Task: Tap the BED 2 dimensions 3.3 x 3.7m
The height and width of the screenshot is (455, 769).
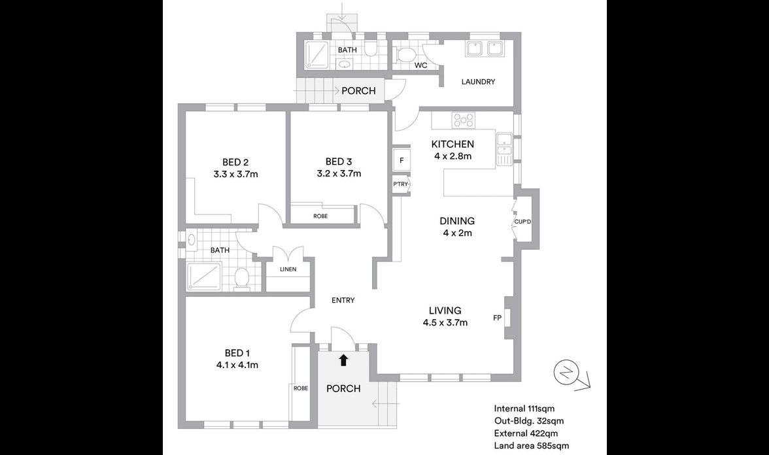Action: click(236, 174)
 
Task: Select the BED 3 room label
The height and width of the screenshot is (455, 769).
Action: click(339, 162)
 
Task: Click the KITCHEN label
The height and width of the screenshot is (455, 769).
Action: click(453, 144)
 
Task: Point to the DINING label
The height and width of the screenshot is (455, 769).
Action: click(457, 221)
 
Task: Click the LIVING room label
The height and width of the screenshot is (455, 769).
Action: click(445, 311)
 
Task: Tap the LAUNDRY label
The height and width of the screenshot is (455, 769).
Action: click(478, 82)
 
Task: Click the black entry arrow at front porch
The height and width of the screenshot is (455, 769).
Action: click(343, 360)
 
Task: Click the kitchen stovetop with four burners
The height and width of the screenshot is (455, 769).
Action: click(464, 120)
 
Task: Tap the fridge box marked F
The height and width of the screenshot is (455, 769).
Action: click(402, 160)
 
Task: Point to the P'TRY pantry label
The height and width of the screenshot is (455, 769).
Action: click(400, 184)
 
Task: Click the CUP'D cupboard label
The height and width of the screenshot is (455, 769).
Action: click(522, 222)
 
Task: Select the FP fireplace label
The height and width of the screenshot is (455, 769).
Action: click(497, 318)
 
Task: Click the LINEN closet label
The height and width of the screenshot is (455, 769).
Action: click(288, 269)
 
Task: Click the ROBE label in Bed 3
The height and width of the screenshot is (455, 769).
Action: click(320, 216)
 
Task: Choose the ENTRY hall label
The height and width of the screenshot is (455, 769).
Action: click(343, 300)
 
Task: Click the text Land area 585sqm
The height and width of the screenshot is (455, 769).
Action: click(532, 446)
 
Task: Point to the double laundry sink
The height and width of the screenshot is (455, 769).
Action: click(483, 48)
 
